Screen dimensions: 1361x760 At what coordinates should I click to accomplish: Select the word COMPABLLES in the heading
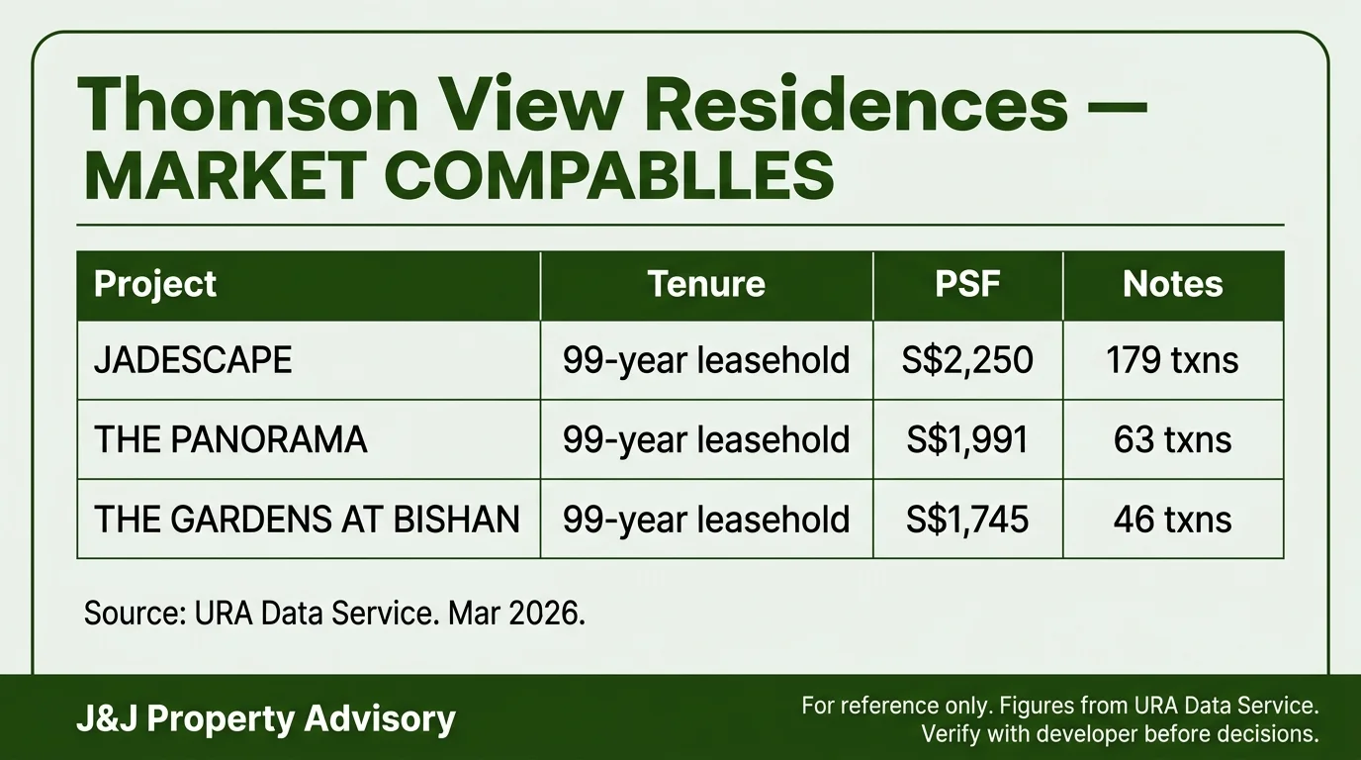(x=609, y=175)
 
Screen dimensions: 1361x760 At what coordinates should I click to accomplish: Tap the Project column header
(x=155, y=285)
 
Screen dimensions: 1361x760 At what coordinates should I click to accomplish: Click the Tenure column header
(x=706, y=284)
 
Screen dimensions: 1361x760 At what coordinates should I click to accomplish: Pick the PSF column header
(x=967, y=284)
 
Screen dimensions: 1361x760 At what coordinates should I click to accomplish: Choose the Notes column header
(x=1173, y=284)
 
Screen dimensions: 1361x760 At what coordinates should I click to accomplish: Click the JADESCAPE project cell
(x=193, y=360)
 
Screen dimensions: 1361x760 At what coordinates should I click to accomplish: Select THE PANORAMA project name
(x=230, y=439)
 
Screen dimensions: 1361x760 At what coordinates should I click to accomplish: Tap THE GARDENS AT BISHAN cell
(x=307, y=520)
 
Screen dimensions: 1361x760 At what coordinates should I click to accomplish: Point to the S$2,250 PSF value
(x=967, y=360)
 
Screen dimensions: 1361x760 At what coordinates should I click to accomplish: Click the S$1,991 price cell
(x=967, y=439)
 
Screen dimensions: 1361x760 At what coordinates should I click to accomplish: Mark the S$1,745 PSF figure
(x=967, y=520)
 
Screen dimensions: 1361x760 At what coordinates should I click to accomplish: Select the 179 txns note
(x=1172, y=360)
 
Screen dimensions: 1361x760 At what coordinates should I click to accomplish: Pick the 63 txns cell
(x=1173, y=439)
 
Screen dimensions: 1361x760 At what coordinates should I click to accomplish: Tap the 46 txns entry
(x=1173, y=520)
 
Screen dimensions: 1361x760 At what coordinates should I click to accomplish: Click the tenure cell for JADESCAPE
(x=706, y=360)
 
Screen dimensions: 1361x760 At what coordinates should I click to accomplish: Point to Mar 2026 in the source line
(x=516, y=614)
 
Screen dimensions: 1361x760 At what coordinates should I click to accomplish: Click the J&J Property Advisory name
(x=265, y=719)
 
